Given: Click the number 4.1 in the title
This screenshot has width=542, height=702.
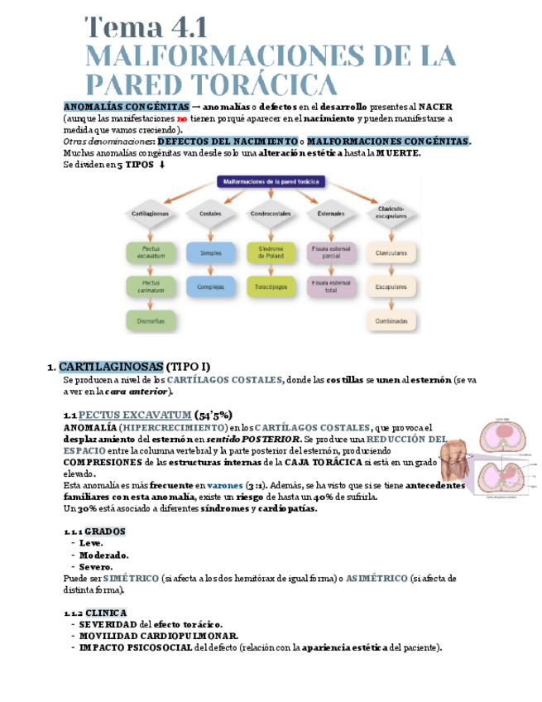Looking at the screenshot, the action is coord(177,26).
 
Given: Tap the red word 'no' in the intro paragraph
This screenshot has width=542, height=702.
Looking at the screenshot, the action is coord(182,118).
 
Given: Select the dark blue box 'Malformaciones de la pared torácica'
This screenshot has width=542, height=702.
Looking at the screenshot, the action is coord(271,181).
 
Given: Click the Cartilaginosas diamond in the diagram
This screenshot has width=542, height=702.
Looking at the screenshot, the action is coord(150,214).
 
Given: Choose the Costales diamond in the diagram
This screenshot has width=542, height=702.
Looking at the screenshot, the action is coord(210,214).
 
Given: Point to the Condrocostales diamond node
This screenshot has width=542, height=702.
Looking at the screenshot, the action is coord(271,214).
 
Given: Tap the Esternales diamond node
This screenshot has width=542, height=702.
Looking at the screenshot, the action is coord(330,214).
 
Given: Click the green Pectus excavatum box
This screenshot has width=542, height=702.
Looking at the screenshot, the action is coord(150,251).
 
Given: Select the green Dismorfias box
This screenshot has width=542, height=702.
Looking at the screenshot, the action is coord(150,320).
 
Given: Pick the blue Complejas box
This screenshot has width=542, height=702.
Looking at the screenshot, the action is coord(210,286).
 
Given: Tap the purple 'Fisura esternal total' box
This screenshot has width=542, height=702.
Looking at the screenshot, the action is coord(331,286).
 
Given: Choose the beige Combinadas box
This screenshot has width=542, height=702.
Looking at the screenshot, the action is coord(391,320).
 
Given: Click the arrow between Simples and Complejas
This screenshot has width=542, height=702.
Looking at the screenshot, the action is coord(210,269).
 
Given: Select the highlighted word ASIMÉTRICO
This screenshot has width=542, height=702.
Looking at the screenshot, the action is coord(377,578).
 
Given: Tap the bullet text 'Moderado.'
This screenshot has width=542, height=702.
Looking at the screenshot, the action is coord(103,555).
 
